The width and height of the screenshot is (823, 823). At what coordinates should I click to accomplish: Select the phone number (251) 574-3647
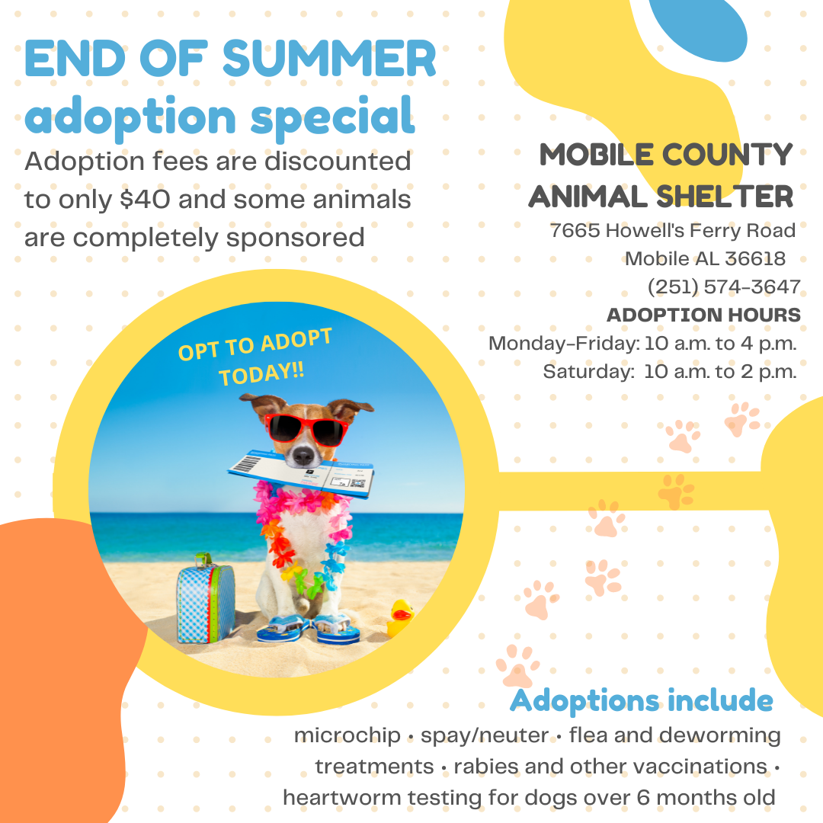(x=724, y=287)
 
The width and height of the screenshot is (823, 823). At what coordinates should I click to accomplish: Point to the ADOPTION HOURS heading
(x=703, y=315)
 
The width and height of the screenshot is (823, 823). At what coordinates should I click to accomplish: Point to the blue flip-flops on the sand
(x=308, y=629)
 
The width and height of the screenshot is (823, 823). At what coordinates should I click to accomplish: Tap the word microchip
(x=347, y=736)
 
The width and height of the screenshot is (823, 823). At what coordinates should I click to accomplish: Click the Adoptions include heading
(x=641, y=700)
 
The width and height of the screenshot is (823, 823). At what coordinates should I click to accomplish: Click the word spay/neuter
(x=485, y=736)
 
